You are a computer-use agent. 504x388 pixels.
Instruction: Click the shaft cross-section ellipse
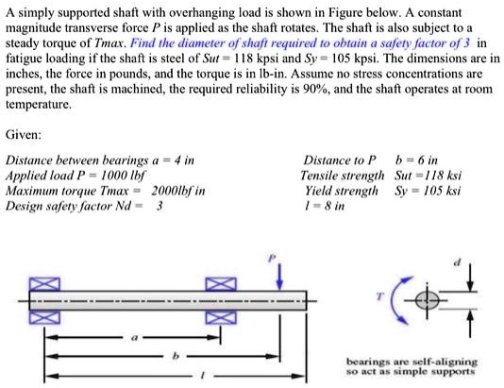[428, 299]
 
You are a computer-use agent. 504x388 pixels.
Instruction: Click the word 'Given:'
[23, 135]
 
